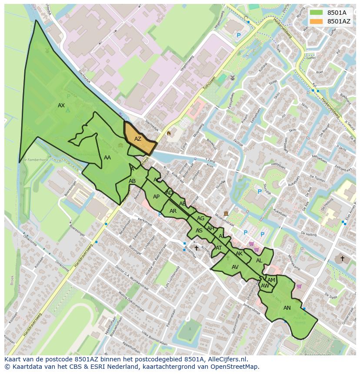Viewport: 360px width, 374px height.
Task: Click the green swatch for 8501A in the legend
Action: click(x=316, y=13)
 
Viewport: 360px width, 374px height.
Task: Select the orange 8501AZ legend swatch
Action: click(x=316, y=21)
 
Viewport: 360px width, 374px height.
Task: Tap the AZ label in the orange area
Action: click(x=137, y=139)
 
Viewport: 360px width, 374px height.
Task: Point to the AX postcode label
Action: click(x=61, y=106)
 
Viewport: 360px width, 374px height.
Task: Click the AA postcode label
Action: click(x=107, y=158)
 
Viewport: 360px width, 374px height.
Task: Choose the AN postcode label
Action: click(x=287, y=308)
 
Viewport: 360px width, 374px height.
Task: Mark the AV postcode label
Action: click(x=235, y=267)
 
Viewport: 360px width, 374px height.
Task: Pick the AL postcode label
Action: click(x=259, y=261)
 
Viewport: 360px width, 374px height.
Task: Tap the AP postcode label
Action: click(x=156, y=197)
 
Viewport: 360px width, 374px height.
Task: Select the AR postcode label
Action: click(x=173, y=211)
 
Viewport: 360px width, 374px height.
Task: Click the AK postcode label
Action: click(x=239, y=254)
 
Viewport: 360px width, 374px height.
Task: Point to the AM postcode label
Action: click(x=271, y=280)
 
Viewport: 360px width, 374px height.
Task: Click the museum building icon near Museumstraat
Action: click(x=226, y=213)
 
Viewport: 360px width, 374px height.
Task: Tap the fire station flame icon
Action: click(x=169, y=133)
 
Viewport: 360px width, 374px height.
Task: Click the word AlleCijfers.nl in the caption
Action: click(x=226, y=359)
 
